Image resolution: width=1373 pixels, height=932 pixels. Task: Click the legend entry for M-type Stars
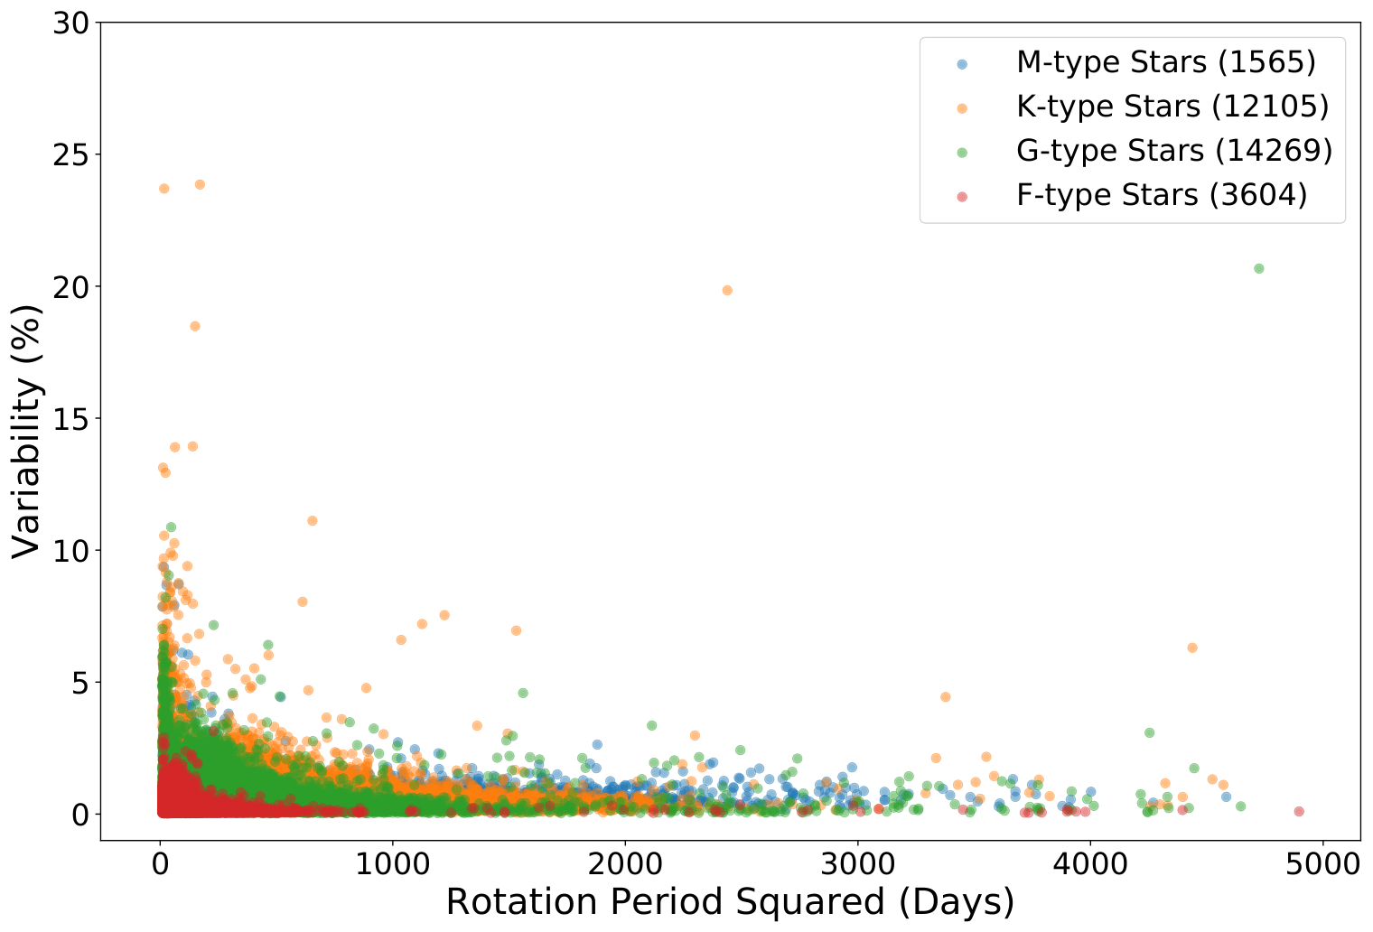(x=1166, y=62)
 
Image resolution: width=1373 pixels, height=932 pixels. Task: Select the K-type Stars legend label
(x=1172, y=107)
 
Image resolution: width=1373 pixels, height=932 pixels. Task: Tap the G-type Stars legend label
(x=1174, y=151)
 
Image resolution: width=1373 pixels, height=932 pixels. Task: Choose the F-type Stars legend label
(x=1163, y=195)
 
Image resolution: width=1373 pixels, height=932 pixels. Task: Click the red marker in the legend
(x=962, y=197)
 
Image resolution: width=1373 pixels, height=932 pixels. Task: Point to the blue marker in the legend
(x=962, y=64)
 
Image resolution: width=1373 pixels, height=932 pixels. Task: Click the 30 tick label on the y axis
(x=70, y=23)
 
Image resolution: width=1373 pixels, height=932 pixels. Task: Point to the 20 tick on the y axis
(x=70, y=287)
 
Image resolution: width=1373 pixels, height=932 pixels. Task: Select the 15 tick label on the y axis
(x=70, y=418)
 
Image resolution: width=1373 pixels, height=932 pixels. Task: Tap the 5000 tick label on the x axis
(x=1322, y=864)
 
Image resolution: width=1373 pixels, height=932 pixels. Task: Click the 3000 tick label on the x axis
(x=857, y=864)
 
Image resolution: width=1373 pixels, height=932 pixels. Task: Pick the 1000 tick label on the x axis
(x=392, y=864)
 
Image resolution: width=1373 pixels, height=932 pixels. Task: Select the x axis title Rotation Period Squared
(x=665, y=902)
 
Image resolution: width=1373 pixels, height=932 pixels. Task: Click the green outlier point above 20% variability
(x=1259, y=268)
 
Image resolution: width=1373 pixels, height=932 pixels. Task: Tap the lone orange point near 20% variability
(x=727, y=291)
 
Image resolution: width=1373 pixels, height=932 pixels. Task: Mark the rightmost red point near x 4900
(x=1299, y=811)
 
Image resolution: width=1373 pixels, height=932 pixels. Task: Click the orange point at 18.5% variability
(x=195, y=326)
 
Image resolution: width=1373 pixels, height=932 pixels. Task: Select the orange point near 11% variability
(x=312, y=521)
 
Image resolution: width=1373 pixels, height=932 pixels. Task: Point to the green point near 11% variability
(x=171, y=527)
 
